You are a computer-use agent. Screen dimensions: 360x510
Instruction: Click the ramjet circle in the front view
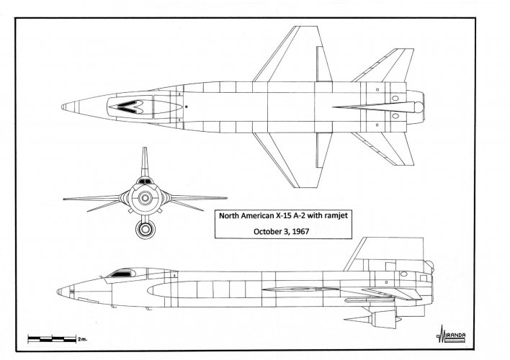pyautogui.click(x=146, y=230)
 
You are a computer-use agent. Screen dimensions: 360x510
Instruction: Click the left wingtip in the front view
pyautogui.click(x=66, y=197)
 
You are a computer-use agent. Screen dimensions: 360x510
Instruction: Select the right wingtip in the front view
pyautogui.click(x=228, y=197)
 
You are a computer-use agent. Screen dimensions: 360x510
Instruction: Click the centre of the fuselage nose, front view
pyautogui.click(x=146, y=197)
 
